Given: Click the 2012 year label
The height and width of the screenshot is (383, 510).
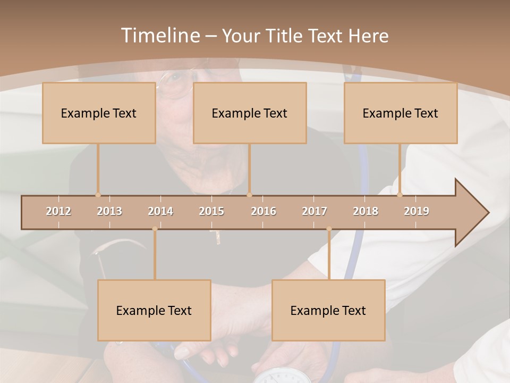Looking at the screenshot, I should pos(58,211).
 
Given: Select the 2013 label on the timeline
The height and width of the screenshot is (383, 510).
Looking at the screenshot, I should pos(109,211).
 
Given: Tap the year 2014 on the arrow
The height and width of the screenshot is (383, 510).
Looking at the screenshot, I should pos(160,211).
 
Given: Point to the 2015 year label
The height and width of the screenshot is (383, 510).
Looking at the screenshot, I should pos(211,211).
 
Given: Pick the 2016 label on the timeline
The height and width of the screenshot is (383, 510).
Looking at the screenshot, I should pos(263,211).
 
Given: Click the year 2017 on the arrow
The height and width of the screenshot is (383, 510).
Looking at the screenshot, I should pos(314,211).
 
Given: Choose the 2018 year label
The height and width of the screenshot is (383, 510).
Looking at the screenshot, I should pos(365,211).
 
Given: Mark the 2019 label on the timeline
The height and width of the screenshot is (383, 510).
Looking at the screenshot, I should pos(416,211).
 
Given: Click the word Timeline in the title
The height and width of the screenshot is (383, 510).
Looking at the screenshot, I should pos(159,36).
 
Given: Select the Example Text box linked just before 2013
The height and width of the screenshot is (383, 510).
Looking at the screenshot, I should pos(99,113).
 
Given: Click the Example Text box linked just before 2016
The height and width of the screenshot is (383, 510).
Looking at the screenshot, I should pos(250,113).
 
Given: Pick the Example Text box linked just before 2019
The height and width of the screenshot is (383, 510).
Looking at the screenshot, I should pos(401,113).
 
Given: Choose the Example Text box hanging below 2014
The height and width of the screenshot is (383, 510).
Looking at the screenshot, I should pos(154,310).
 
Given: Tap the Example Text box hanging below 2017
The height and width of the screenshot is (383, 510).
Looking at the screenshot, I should pos(328,310).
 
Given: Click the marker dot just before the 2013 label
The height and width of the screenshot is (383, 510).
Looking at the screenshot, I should pos(98,195).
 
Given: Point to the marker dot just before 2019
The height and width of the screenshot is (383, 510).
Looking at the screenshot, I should pos(400,195).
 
